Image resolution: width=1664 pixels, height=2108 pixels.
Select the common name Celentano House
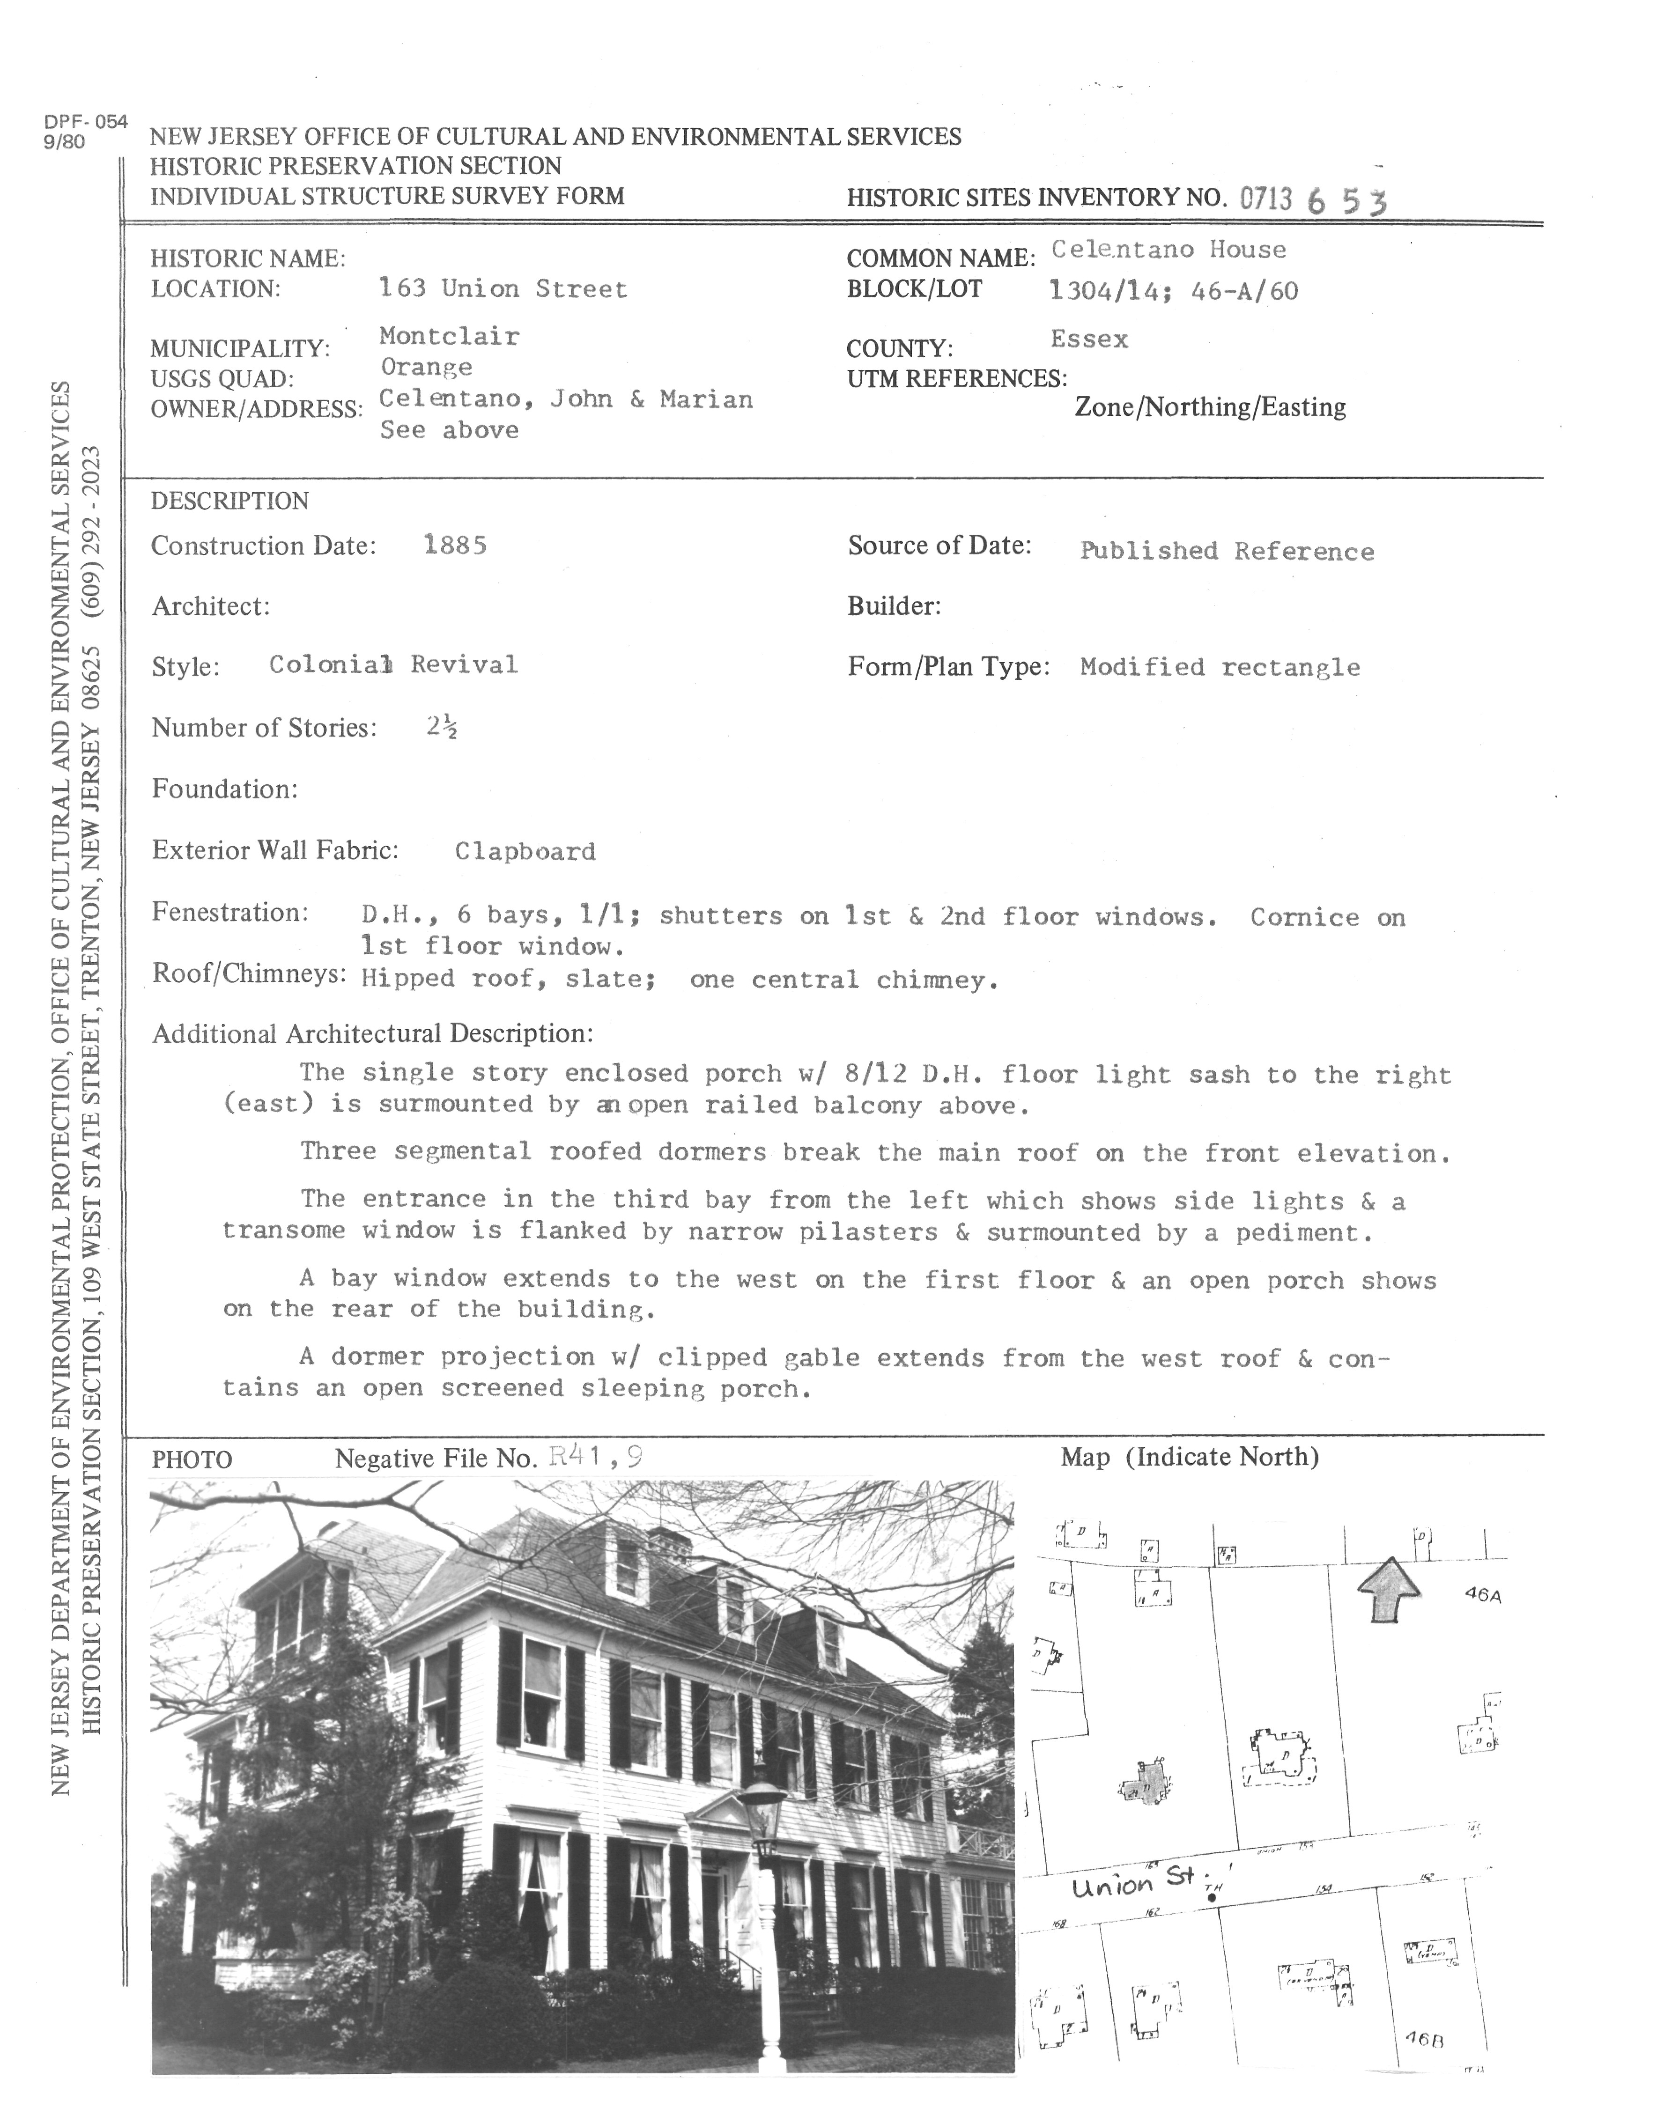tap(1168, 251)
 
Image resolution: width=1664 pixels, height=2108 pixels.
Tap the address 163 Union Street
tap(503, 289)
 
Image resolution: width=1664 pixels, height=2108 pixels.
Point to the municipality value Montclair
tap(449, 336)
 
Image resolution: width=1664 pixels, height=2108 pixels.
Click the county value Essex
tap(1089, 340)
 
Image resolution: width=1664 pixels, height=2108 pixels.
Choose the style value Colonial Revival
tap(392, 665)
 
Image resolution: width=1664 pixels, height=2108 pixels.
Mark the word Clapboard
tap(525, 851)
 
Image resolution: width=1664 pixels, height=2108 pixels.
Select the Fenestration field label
tap(230, 913)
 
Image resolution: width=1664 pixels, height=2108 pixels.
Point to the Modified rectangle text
tap(1220, 667)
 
